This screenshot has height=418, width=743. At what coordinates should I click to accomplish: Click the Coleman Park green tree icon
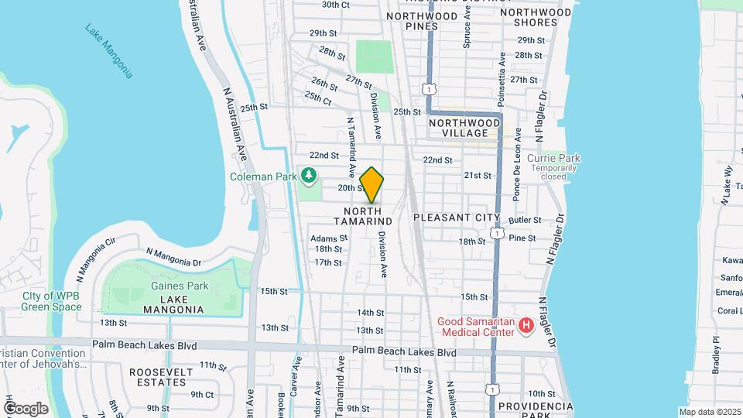pyautogui.click(x=309, y=176)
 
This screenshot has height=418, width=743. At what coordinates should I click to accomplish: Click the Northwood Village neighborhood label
pyautogui.click(x=464, y=128)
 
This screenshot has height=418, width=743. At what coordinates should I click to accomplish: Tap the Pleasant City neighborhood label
pyautogui.click(x=449, y=218)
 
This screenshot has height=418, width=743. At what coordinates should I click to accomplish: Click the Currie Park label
pyautogui.click(x=553, y=159)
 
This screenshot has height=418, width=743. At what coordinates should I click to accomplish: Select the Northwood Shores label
pyautogui.click(x=536, y=17)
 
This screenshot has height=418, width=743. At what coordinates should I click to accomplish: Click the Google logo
pyautogui.click(x=25, y=408)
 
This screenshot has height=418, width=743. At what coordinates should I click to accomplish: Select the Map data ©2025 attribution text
pyautogui.click(x=708, y=412)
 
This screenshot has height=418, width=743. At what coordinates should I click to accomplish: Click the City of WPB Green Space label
pyautogui.click(x=52, y=301)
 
